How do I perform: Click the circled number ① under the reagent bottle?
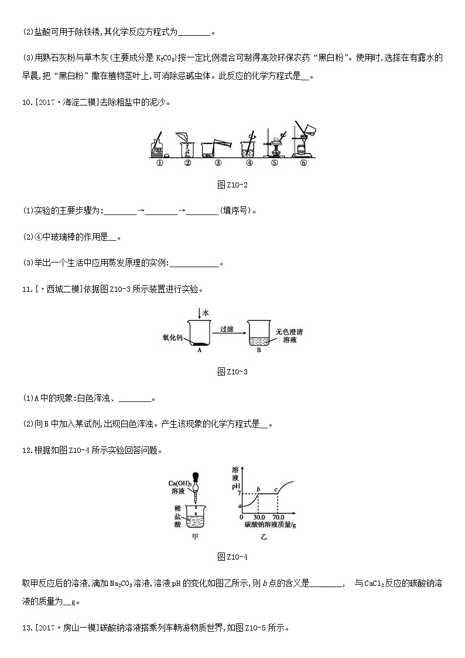tap(159, 163)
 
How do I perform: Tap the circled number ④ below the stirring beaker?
tap(249, 163)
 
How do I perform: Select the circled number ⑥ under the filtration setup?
tap(303, 163)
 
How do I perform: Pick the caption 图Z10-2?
tap(232, 185)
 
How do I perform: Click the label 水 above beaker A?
tap(206, 314)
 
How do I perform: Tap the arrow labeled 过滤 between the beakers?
tap(227, 333)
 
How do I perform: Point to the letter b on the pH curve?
tap(258, 489)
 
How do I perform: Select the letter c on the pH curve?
tap(276, 489)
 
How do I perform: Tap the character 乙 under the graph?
tap(264, 536)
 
